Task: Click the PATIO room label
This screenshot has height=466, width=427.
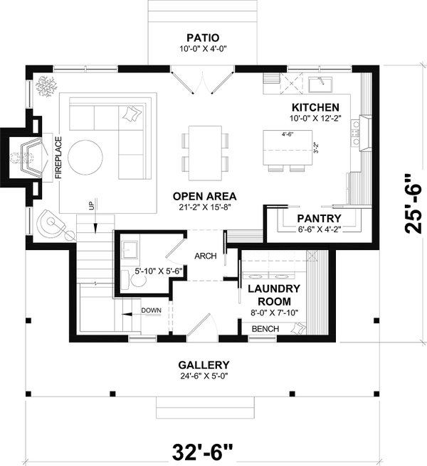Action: [203, 37]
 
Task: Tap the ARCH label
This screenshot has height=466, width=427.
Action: [205, 256]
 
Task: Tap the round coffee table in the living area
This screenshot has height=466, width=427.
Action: [88, 154]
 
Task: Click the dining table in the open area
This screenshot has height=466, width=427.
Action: [205, 150]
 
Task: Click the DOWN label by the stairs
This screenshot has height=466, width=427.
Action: [151, 310]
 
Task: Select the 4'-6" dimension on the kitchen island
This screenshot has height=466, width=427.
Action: [288, 134]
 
